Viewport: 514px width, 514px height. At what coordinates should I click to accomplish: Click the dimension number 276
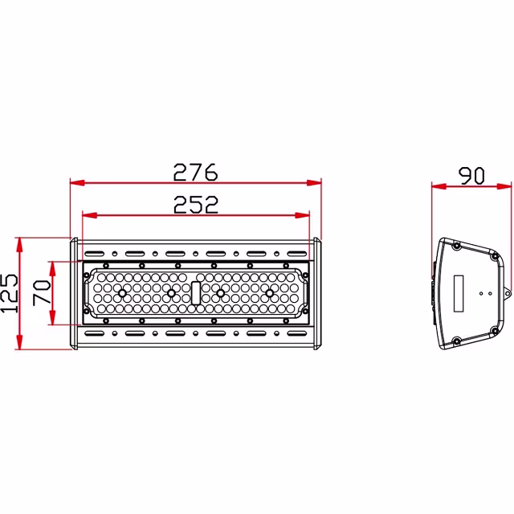(195, 171)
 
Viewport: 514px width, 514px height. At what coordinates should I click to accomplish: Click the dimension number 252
(196, 205)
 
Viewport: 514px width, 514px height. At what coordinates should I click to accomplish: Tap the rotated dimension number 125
(9, 294)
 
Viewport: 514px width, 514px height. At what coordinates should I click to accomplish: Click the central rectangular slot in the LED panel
(195, 293)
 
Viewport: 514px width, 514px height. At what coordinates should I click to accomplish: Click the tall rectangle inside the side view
(460, 294)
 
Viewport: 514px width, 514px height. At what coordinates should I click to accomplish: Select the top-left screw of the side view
(456, 246)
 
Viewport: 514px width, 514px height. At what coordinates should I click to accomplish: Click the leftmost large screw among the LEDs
(122, 293)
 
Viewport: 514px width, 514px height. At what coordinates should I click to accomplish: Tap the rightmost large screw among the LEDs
(269, 293)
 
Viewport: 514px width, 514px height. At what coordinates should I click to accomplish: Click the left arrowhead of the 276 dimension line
(75, 182)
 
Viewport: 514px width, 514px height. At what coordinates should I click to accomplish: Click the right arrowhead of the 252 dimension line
(305, 215)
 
